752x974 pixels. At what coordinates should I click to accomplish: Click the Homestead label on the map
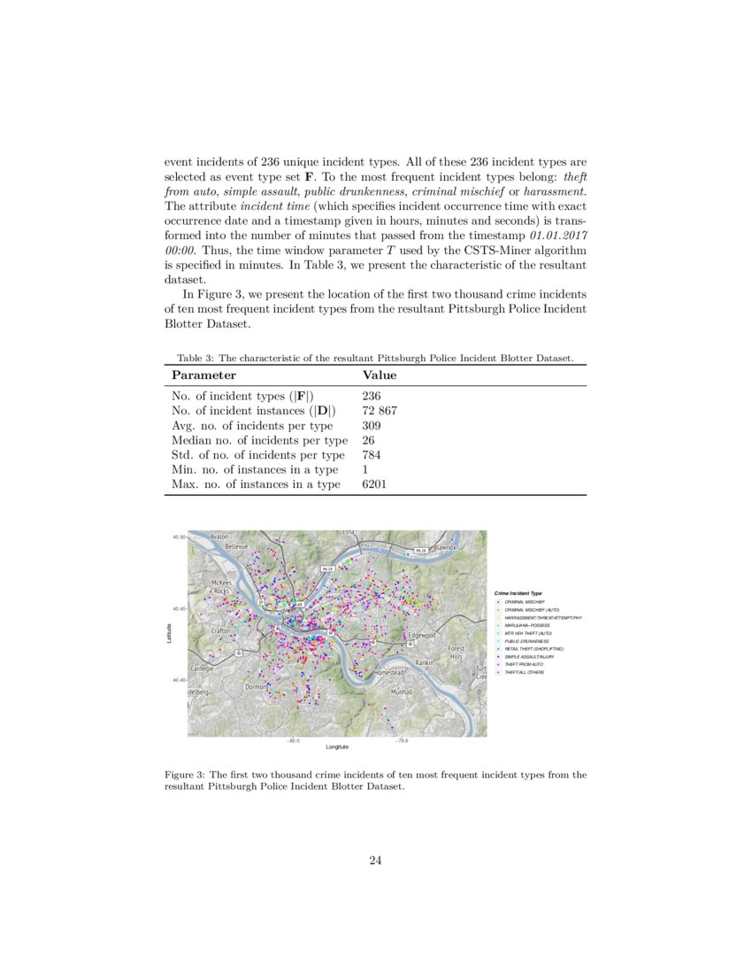click(389, 673)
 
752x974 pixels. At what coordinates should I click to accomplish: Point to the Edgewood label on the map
click(421, 636)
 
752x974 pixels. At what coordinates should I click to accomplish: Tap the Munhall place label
click(403, 691)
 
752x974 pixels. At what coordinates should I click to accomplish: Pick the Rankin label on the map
click(425, 662)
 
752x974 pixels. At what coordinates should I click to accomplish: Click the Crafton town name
click(221, 630)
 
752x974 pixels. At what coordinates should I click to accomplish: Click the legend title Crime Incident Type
click(518, 592)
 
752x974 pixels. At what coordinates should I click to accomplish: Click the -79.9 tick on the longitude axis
click(402, 741)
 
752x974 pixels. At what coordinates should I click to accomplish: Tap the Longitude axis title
click(337, 747)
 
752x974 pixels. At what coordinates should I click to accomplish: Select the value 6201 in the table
click(375, 484)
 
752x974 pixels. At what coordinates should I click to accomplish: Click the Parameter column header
click(203, 375)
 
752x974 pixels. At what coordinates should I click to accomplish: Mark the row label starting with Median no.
click(259, 440)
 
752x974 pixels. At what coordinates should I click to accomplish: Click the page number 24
click(375, 858)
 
